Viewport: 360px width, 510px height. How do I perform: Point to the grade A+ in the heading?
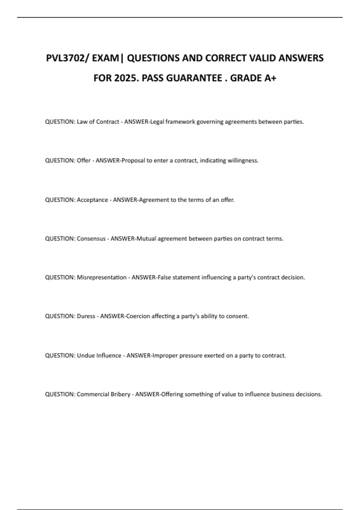(x=270, y=78)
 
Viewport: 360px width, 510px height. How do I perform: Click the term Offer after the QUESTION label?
(x=84, y=160)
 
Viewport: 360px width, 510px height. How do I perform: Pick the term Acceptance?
(x=92, y=200)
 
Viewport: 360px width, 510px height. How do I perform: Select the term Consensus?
(x=91, y=239)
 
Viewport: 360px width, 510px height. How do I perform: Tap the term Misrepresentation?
(x=102, y=277)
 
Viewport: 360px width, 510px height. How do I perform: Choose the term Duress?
(x=86, y=316)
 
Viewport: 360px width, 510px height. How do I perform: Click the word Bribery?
(x=121, y=394)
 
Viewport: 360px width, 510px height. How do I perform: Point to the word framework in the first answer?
(x=180, y=122)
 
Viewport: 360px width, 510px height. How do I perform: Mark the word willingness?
(x=243, y=160)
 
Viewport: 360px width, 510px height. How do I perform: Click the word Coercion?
(x=138, y=316)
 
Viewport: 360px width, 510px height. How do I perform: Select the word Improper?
(x=165, y=355)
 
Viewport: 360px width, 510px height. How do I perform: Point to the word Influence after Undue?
(x=109, y=355)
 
